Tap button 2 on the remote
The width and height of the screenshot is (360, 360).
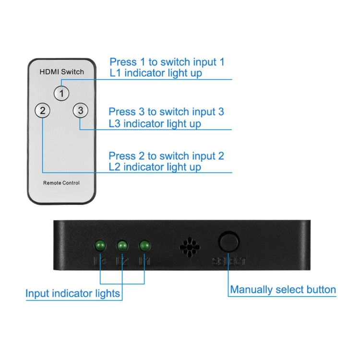click(x=43, y=111)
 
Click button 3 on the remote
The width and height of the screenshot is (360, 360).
click(x=81, y=111)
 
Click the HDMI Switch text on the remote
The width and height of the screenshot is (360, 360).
click(x=61, y=72)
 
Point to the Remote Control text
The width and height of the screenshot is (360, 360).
click(x=61, y=183)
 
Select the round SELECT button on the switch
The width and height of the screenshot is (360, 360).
click(x=229, y=242)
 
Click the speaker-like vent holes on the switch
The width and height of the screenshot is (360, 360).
click(x=190, y=247)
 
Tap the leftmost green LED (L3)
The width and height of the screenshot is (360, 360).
click(x=100, y=246)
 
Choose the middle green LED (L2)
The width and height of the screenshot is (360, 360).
click(x=122, y=246)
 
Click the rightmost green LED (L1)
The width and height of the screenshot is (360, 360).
click(x=144, y=246)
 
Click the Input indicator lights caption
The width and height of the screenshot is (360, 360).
click(x=73, y=293)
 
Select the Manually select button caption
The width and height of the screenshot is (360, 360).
click(x=283, y=289)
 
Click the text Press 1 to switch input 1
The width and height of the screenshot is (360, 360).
click(x=167, y=62)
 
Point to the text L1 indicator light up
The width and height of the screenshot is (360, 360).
click(x=156, y=73)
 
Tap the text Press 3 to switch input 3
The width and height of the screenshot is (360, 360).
click(x=166, y=112)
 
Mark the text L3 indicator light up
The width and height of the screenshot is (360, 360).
click(x=155, y=124)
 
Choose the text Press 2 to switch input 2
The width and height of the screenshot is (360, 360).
click(x=166, y=156)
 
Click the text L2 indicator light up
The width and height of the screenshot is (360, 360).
click(x=155, y=167)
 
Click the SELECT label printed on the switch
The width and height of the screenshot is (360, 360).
click(x=229, y=262)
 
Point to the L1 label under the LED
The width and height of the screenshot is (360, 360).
click(x=144, y=262)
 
